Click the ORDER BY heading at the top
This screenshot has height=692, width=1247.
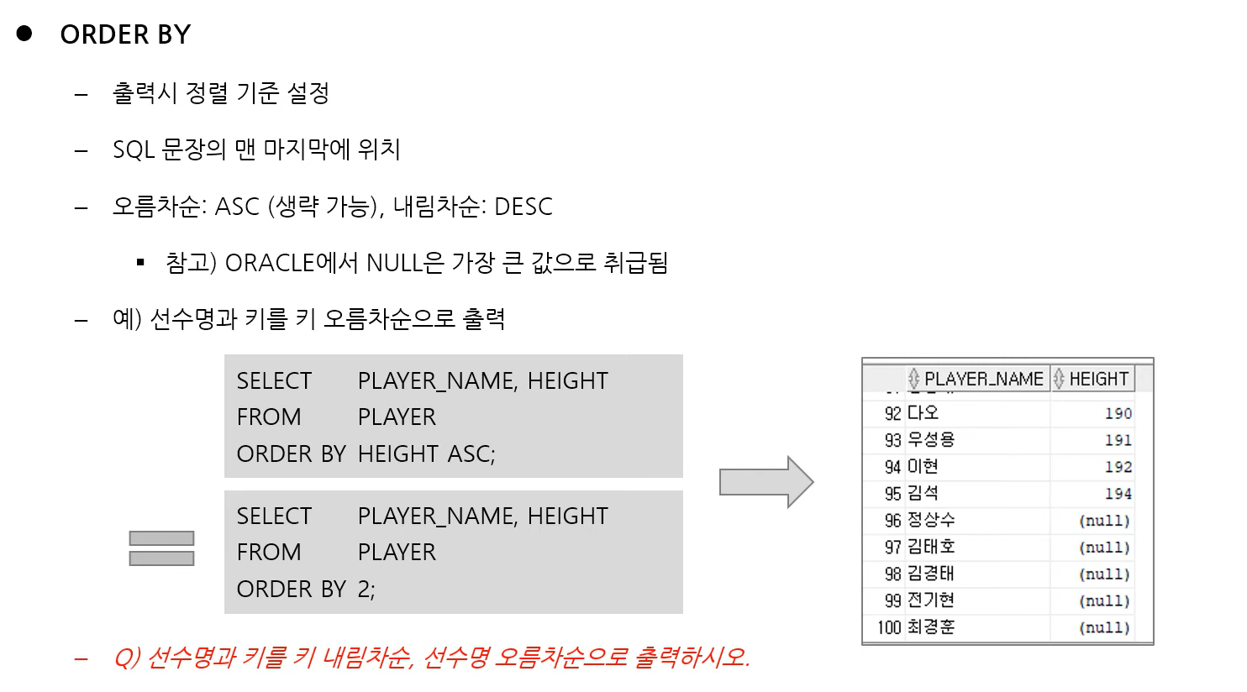pos(125,34)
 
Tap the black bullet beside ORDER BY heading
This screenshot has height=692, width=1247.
pos(24,34)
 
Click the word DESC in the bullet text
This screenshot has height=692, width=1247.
pos(523,207)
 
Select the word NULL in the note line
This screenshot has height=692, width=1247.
pos(394,263)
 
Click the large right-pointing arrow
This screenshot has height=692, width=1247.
pos(766,482)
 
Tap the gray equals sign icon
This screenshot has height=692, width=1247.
pos(161,548)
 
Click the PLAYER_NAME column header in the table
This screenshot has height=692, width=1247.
pos(983,379)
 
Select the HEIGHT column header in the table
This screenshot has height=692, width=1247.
pos(1098,379)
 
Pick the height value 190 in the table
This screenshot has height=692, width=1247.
pos(1118,413)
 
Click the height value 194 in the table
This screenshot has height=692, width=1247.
pos(1118,494)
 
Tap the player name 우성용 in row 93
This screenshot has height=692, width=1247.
pos(931,439)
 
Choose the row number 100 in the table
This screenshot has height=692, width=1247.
pos(888,627)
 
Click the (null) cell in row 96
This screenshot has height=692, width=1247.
pos(1103,521)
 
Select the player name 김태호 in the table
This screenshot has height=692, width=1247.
pos(931,547)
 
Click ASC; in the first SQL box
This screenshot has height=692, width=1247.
pos(471,454)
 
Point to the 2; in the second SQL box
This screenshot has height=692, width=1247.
pos(366,590)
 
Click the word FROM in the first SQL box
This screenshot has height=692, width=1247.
pos(269,417)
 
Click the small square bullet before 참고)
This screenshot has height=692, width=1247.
pos(140,263)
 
